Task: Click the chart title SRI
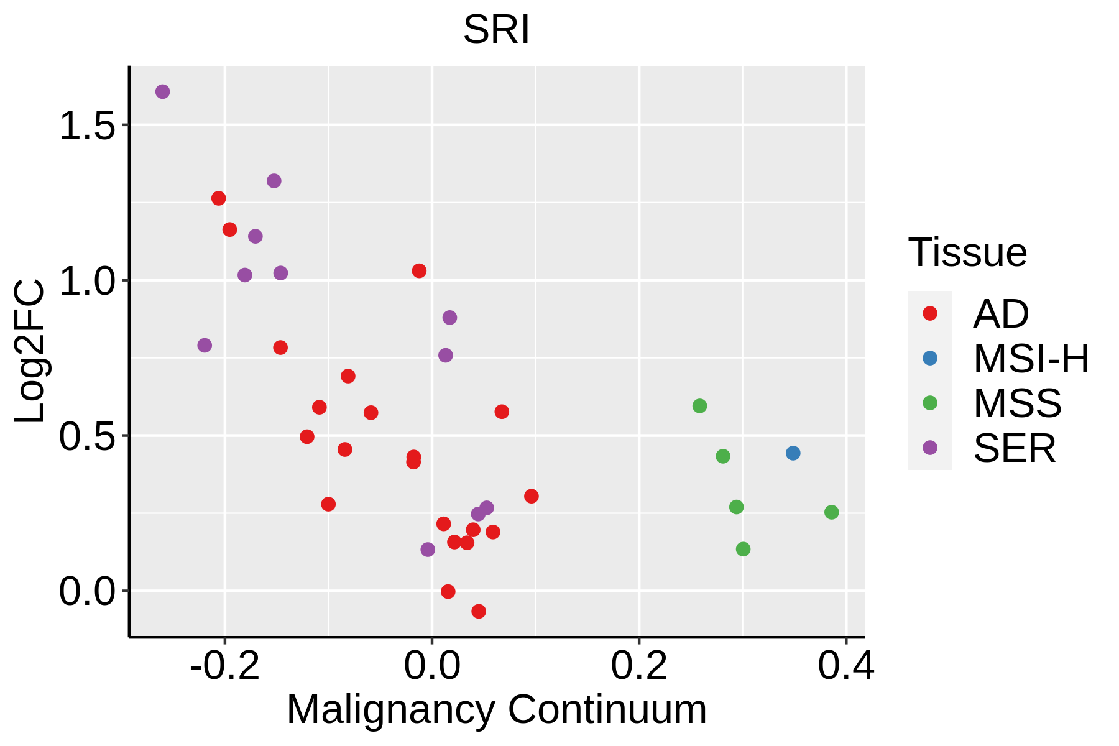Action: (x=496, y=29)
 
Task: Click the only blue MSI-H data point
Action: (x=793, y=453)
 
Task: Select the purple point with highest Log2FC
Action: (x=162, y=92)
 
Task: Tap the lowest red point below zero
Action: (x=479, y=612)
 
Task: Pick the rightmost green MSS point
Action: (x=831, y=512)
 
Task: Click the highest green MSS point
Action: (x=699, y=406)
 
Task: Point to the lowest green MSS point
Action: (x=743, y=549)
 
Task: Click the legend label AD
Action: (x=1001, y=314)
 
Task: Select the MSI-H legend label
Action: (x=1031, y=359)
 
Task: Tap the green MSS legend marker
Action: (x=930, y=403)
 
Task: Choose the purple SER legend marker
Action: (x=930, y=448)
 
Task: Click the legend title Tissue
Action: (x=967, y=253)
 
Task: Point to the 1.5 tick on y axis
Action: (x=88, y=126)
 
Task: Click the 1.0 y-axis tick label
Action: (x=88, y=281)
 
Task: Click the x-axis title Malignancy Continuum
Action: (x=496, y=710)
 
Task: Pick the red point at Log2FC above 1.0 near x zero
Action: (x=419, y=271)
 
